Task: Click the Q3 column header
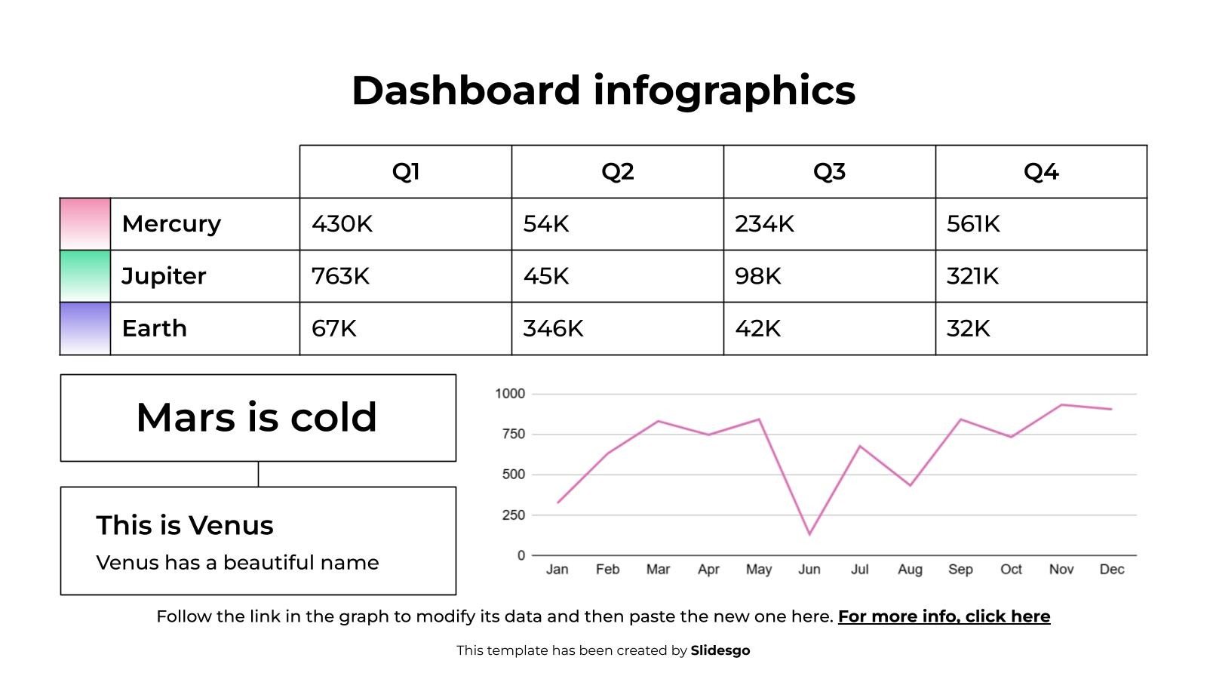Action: tap(829, 172)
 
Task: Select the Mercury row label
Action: tap(171, 223)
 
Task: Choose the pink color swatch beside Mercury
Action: tap(85, 224)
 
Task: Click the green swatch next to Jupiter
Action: tap(85, 276)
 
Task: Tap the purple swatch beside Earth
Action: tap(85, 328)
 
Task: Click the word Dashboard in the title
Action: tap(466, 90)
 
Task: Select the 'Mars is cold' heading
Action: tap(256, 417)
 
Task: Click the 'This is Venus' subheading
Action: tap(185, 525)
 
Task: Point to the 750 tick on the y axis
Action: tap(513, 434)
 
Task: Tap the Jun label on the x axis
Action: tap(809, 569)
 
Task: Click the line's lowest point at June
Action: tap(809, 534)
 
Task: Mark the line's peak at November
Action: tap(1061, 404)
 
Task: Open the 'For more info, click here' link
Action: tap(944, 616)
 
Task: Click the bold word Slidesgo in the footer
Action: tap(720, 650)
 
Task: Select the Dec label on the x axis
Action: tap(1112, 569)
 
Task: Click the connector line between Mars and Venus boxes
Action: tap(258, 475)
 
